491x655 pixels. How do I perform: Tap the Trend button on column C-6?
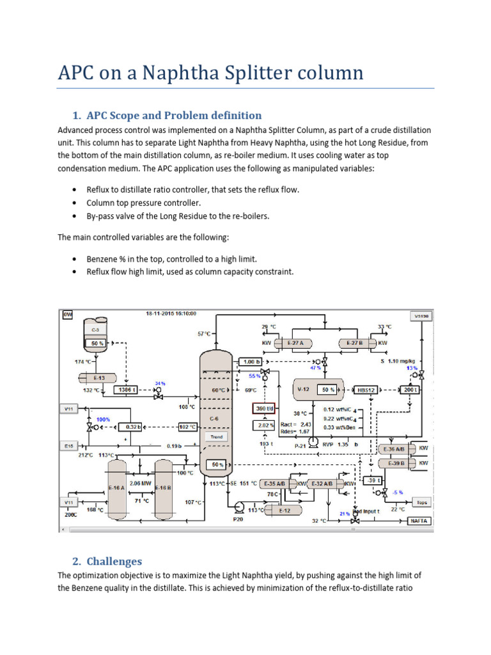(215, 437)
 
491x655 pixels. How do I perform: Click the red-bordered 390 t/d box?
(264, 408)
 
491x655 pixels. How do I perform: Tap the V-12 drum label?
(302, 389)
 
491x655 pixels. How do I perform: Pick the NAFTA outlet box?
(419, 521)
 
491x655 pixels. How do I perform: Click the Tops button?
(421, 502)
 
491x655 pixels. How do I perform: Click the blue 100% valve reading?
(104, 419)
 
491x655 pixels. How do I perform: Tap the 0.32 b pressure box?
(132, 427)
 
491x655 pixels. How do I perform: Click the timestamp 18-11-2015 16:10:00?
(170, 313)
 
